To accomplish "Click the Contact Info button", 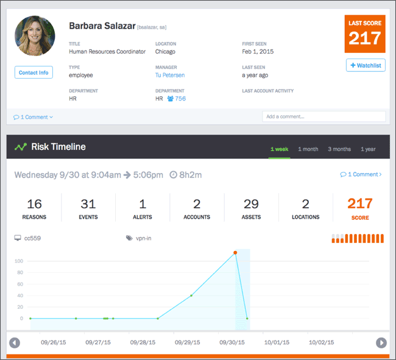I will pos(34,72).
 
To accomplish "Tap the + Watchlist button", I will pos(366,65).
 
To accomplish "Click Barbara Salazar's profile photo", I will pos(35,36).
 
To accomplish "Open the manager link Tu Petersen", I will pos(170,75).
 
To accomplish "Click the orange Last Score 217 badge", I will pos(364,34).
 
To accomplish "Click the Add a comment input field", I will pos(324,116).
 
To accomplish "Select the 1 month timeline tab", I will pos(308,149).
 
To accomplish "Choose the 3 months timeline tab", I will pos(339,149).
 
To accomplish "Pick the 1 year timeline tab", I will pos(368,149).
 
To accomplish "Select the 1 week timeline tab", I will pos(279,149).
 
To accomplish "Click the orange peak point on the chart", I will pos(235,252).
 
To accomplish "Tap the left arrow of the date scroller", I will pos(15,342).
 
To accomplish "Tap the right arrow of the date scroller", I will pos(381,342).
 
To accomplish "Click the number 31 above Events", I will pos(88,203).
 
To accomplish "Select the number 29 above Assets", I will pos(251,203).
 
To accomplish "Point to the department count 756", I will pos(180,98).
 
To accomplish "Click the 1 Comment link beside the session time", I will pos(362,174).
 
